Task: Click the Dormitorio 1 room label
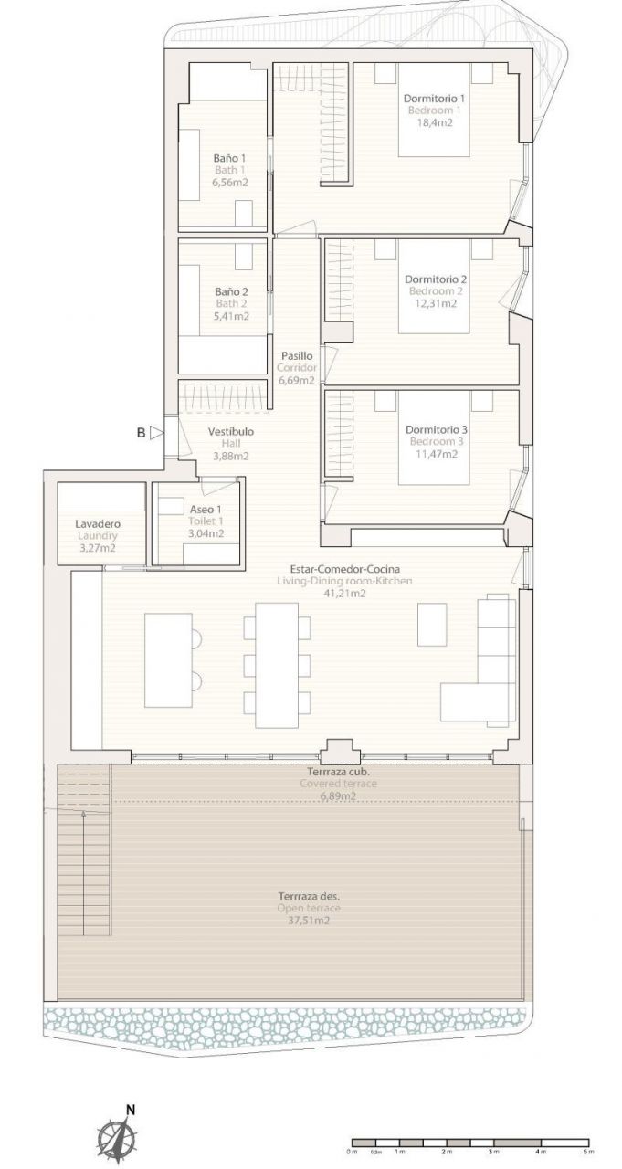coord(434,98)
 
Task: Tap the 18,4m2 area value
coord(434,123)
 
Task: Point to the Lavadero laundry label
coord(98,523)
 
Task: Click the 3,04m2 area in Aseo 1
coord(206,533)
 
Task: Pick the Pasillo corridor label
coord(297,356)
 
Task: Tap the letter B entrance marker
coord(141,433)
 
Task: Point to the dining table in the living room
coord(277,665)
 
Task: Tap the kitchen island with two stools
coord(169,660)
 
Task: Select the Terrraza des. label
coord(309,897)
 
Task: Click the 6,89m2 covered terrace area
coord(339,796)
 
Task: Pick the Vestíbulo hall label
coord(231,432)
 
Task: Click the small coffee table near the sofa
coord(432,625)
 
